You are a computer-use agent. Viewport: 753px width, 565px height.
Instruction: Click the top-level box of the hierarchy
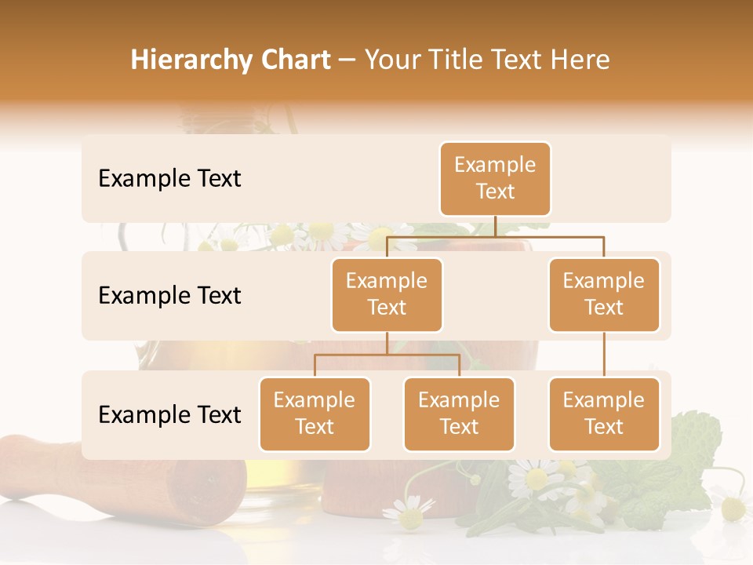[x=495, y=179]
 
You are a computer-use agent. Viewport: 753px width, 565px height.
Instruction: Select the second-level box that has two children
[x=387, y=295]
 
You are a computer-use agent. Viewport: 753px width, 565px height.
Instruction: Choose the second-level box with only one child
[x=604, y=295]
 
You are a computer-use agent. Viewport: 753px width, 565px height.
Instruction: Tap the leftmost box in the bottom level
[x=315, y=414]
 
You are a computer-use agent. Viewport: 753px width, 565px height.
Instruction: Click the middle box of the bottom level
[x=459, y=414]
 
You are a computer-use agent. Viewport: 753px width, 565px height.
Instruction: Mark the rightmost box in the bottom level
[x=604, y=414]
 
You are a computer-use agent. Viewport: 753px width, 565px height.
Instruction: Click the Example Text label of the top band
[x=169, y=179]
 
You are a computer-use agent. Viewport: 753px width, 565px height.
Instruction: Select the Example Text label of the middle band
[x=169, y=296]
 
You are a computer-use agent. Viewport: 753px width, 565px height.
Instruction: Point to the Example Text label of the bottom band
[x=169, y=414]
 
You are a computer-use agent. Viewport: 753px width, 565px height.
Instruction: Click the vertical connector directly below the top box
[x=495, y=226]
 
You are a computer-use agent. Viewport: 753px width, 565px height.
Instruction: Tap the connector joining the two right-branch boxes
[x=604, y=355]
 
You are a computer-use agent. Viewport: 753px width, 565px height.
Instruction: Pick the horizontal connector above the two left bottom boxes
[x=387, y=355]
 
